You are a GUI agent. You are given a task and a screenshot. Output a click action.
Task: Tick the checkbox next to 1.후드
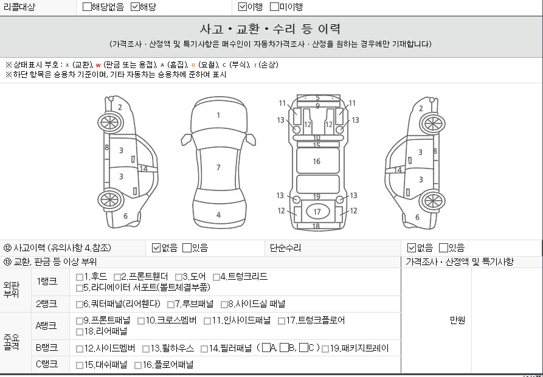point(80,277)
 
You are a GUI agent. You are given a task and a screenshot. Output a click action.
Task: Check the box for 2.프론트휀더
point(117,277)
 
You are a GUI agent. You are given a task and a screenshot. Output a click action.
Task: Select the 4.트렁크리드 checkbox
point(216,277)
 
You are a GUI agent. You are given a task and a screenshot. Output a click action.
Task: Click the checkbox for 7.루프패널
point(171,304)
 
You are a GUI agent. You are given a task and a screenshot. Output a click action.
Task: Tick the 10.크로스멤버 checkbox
point(141,321)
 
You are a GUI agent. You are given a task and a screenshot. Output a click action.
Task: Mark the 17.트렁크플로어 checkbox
point(282,321)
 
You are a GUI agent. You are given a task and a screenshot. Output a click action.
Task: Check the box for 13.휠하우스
point(146,348)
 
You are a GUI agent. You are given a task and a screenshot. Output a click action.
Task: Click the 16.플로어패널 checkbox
point(138,365)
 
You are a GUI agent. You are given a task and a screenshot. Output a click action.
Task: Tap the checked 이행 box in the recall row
point(243,7)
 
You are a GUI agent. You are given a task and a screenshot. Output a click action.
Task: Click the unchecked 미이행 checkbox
point(274,7)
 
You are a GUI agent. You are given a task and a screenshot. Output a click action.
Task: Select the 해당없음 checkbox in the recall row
point(87,7)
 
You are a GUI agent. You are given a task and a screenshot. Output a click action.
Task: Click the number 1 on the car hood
point(218,116)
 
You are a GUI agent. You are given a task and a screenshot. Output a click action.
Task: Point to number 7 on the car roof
point(218,168)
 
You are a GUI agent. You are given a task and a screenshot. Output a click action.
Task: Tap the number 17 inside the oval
point(317,212)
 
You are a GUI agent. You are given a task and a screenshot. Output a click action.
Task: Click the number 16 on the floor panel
point(317,161)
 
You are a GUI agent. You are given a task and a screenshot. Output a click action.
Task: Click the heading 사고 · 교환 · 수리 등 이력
point(270,29)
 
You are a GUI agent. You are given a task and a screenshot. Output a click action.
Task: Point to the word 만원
point(457,320)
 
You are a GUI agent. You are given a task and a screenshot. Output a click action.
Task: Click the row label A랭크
point(46,325)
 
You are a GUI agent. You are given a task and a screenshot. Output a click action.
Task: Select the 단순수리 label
point(285,248)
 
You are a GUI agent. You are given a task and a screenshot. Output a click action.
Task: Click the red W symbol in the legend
point(99,65)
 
